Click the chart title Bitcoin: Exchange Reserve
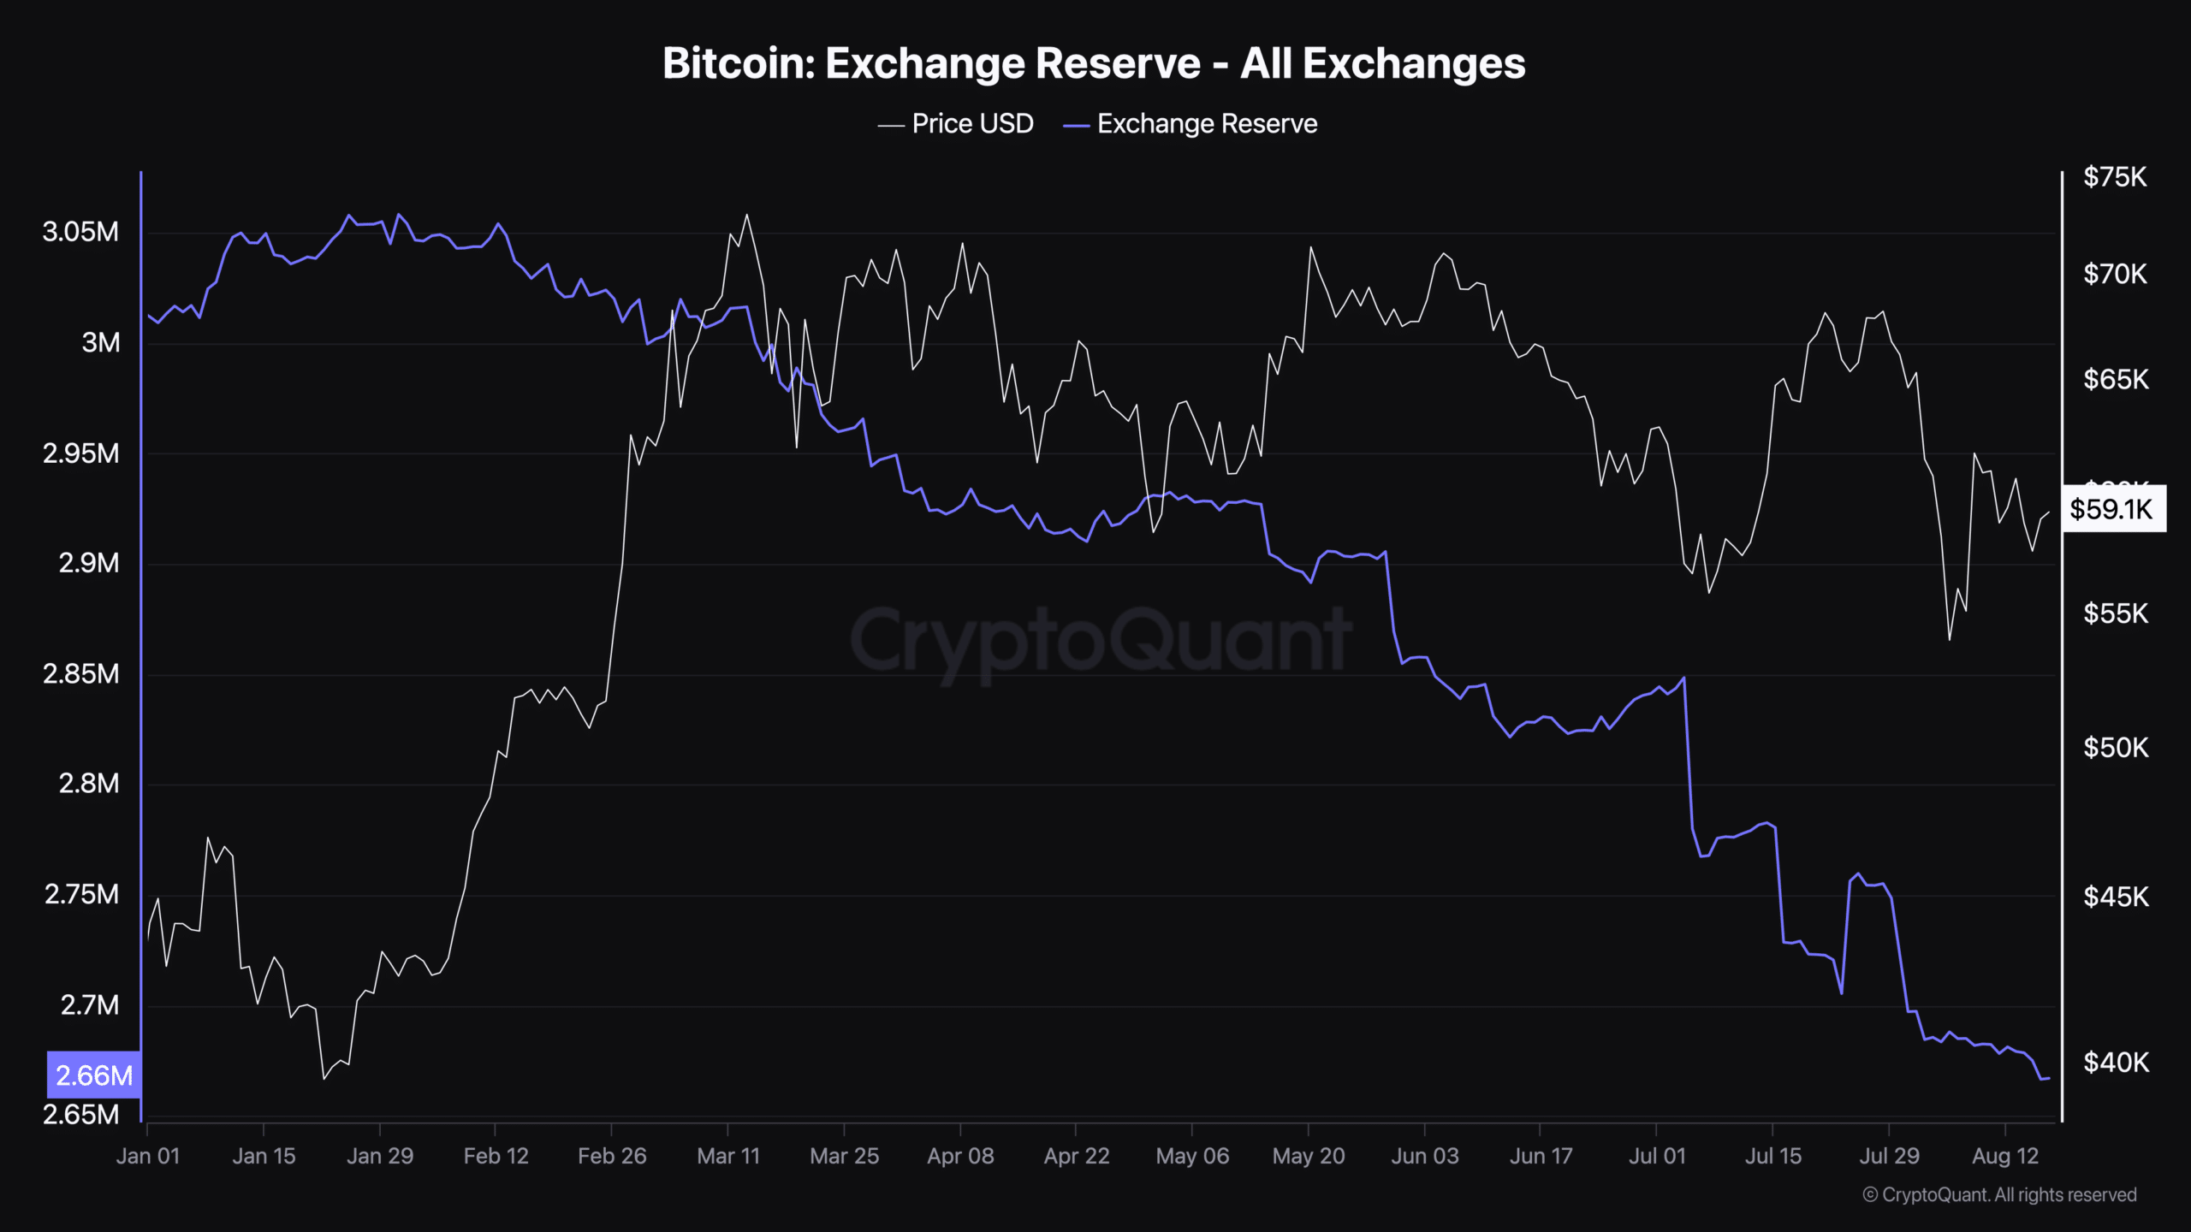click(1094, 63)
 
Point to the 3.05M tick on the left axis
click(80, 232)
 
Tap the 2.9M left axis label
click(89, 563)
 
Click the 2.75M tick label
click(81, 895)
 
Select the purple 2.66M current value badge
click(94, 1075)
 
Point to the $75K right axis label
click(2115, 177)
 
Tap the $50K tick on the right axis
click(2116, 748)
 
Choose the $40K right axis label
click(2116, 1063)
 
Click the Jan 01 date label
click(148, 1157)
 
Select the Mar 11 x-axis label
click(728, 1157)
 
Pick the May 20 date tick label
click(1309, 1157)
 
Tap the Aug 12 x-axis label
click(2005, 1157)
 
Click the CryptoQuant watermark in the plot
click(1101, 640)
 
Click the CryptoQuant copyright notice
click(1999, 1195)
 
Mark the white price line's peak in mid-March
click(747, 215)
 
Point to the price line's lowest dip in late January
click(324, 1078)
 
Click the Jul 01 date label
click(1657, 1157)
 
